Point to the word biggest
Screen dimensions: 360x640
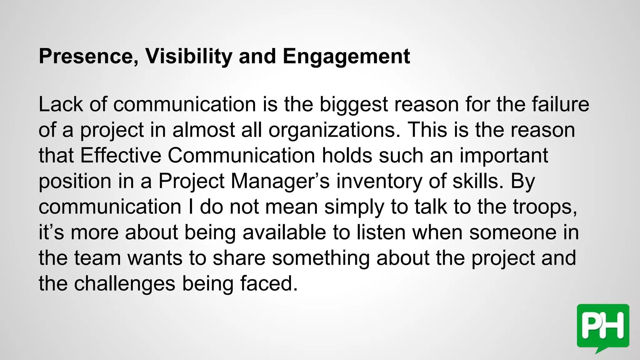click(x=353, y=105)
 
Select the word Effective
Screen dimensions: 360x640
click(x=121, y=155)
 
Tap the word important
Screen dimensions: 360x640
click(x=504, y=156)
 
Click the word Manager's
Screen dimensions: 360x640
click(x=280, y=182)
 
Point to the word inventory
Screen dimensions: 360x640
click(x=379, y=182)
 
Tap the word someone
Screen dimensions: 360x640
click(x=513, y=233)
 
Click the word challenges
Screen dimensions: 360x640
click(x=125, y=284)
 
